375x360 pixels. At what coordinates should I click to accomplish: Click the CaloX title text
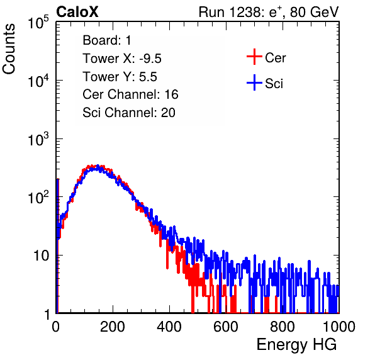(x=77, y=12)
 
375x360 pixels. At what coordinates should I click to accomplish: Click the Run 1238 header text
(x=269, y=12)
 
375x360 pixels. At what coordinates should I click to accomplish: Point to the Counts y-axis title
(x=9, y=49)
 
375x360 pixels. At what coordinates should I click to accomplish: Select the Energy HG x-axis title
(x=296, y=345)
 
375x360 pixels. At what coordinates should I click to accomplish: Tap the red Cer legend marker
(x=254, y=57)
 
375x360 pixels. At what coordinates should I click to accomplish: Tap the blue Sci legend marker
(x=254, y=83)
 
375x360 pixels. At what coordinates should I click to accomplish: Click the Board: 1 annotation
(x=107, y=40)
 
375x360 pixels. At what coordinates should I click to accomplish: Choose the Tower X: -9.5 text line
(x=122, y=59)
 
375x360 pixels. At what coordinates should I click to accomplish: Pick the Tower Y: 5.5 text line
(x=120, y=77)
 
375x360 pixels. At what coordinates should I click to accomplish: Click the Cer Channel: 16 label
(x=130, y=94)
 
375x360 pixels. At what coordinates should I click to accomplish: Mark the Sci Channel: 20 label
(x=129, y=113)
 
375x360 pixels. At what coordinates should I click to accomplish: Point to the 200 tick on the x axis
(x=113, y=327)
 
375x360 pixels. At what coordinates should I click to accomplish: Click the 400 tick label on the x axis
(x=169, y=327)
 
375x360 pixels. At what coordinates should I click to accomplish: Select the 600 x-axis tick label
(x=226, y=327)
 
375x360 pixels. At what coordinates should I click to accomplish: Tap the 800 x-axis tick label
(x=283, y=327)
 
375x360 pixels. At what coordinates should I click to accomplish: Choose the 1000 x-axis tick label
(x=339, y=327)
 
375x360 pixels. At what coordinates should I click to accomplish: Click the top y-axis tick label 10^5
(x=38, y=22)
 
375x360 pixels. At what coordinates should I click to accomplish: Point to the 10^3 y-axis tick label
(x=38, y=139)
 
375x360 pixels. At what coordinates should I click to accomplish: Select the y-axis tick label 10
(x=42, y=256)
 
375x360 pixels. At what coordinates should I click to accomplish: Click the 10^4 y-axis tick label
(x=38, y=81)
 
